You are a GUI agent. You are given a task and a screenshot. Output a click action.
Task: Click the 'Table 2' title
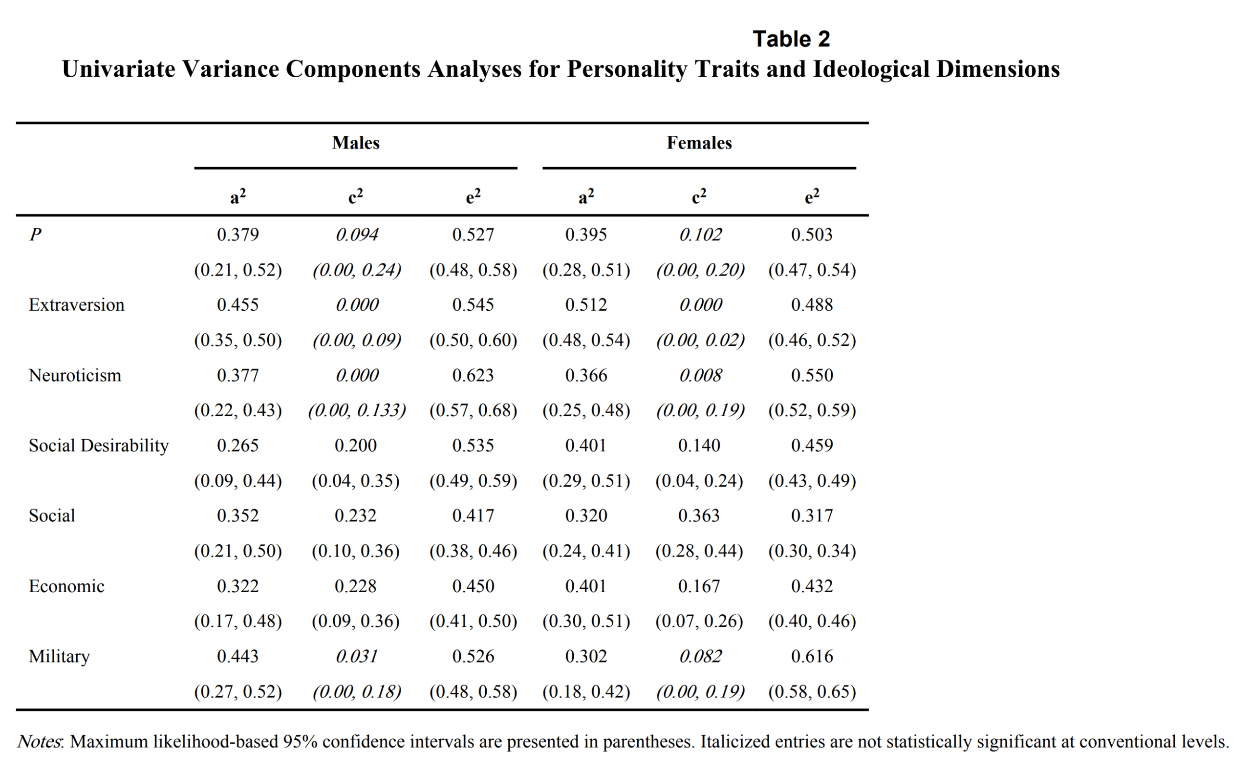click(x=791, y=39)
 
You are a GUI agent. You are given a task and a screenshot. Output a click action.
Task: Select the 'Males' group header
click(x=356, y=143)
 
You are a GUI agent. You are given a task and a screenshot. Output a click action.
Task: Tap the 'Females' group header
click(x=699, y=143)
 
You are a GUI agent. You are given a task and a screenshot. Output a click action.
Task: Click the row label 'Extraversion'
click(x=76, y=305)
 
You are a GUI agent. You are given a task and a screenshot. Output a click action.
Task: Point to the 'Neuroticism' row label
click(x=75, y=376)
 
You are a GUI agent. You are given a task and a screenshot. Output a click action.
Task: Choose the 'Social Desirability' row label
click(x=98, y=446)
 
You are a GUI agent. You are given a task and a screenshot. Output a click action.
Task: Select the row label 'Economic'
click(x=66, y=587)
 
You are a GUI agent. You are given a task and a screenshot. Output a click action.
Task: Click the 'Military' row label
click(x=59, y=657)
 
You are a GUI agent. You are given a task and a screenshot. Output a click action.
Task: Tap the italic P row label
click(x=35, y=235)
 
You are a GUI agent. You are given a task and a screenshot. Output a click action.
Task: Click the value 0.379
click(x=238, y=235)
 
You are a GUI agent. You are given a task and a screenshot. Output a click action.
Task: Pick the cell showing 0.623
click(x=473, y=376)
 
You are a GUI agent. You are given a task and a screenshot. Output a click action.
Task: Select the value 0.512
click(x=586, y=305)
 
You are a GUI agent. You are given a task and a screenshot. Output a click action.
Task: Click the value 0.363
click(x=699, y=516)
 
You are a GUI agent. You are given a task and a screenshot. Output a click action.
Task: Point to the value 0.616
click(x=812, y=657)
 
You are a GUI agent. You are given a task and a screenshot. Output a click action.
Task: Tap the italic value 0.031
click(x=357, y=657)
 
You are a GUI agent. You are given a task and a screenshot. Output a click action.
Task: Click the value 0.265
click(x=238, y=446)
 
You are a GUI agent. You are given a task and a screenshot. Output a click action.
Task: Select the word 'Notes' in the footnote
click(x=39, y=742)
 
